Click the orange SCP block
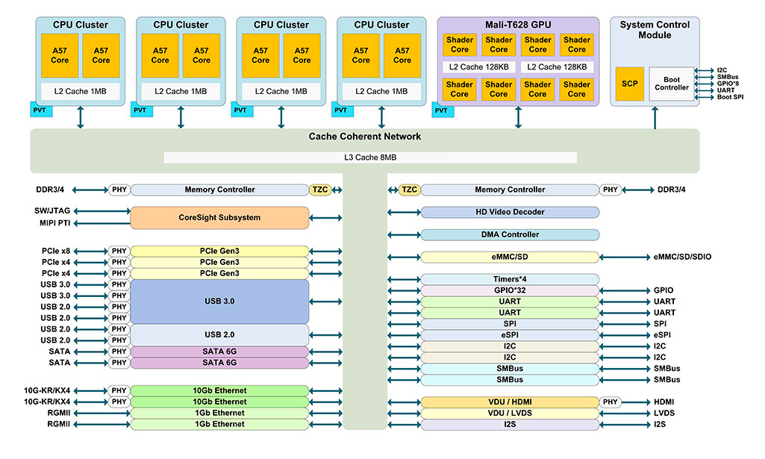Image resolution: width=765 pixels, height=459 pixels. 629,84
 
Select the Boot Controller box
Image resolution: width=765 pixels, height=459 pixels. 671,84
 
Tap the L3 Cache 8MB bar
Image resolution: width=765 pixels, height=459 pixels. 370,157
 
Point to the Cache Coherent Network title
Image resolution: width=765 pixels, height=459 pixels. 365,137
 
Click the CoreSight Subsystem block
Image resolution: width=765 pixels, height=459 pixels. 219,217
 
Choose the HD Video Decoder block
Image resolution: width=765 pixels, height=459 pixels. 510,212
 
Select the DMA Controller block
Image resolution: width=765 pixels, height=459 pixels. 510,234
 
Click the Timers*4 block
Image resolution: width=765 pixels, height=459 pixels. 510,279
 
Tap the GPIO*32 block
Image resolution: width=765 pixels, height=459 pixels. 510,291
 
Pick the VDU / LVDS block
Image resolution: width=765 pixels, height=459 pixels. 510,413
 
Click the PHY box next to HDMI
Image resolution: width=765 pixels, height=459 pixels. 611,402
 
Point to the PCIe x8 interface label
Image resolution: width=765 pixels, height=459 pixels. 56,252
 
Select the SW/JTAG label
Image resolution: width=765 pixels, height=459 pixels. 52,210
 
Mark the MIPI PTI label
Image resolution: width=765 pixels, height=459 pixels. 54,223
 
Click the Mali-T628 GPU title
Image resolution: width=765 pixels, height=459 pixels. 518,25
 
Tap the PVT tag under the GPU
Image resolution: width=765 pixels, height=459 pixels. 443,110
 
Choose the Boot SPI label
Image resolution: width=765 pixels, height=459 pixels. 731,97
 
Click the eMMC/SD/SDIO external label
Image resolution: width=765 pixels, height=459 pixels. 683,257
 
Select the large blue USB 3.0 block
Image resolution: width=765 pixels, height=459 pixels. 219,302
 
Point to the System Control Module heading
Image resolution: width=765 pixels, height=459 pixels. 655,30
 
